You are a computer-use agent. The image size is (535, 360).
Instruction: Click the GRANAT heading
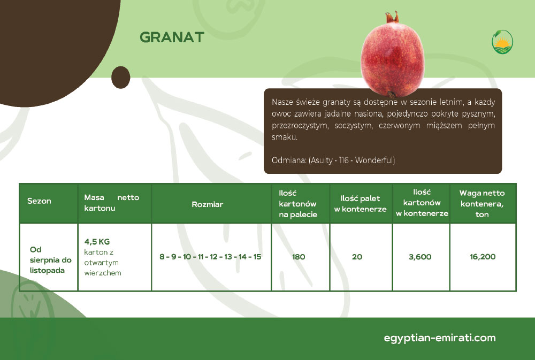(x=172, y=37)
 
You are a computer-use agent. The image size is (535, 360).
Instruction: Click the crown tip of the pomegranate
(x=392, y=14)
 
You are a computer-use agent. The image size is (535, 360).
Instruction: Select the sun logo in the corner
(x=502, y=42)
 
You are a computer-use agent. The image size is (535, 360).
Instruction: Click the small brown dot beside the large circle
(x=121, y=78)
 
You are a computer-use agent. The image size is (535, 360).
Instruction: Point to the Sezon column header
(x=39, y=201)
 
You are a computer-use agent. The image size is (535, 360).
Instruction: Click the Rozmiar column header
(x=208, y=204)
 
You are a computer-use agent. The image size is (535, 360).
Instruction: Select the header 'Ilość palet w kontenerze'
(x=360, y=204)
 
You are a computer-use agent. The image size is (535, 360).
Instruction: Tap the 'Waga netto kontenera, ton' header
(x=482, y=204)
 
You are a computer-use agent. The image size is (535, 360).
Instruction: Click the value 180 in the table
(x=299, y=257)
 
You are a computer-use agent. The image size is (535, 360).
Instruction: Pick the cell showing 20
(x=357, y=257)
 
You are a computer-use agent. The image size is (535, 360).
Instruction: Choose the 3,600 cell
(x=420, y=257)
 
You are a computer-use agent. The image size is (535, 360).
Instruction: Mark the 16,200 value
(x=483, y=257)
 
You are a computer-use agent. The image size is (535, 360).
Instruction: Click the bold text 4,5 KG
(x=97, y=242)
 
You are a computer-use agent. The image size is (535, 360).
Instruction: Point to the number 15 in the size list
(x=257, y=257)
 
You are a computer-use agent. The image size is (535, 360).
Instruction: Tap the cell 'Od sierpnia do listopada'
(x=50, y=259)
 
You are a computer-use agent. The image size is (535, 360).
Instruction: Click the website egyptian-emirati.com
(x=440, y=338)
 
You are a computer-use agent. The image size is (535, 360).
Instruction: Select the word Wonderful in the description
(x=375, y=160)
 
